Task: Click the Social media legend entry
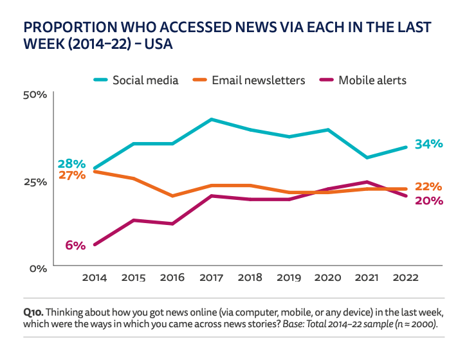pos(144,80)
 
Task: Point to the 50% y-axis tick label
pos(35,95)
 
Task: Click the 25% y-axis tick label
pos(35,182)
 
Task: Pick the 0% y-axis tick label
pos(38,268)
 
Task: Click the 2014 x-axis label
pos(95,278)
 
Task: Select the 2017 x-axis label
pos(211,278)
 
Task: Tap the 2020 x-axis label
pos(327,278)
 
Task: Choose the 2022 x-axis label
pos(405,278)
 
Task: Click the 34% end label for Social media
pos(429,145)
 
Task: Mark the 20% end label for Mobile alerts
pos(428,201)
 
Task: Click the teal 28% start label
pos(71,164)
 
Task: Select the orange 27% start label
pos(71,175)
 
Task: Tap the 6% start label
pos(75,246)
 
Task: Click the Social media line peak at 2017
pos(211,120)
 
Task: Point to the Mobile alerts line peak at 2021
pos(366,182)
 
